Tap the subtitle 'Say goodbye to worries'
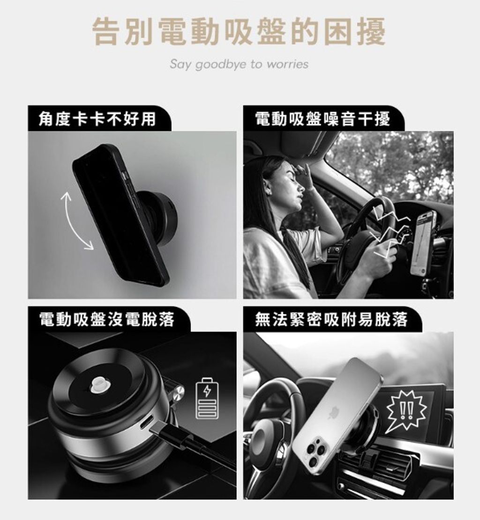point(239,64)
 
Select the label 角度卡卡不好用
point(97,118)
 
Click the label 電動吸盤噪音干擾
point(322,118)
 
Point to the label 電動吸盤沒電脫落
point(106,319)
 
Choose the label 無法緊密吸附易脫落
point(331,319)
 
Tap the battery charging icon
point(207,398)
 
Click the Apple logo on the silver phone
point(333,413)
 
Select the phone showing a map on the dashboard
point(422,243)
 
